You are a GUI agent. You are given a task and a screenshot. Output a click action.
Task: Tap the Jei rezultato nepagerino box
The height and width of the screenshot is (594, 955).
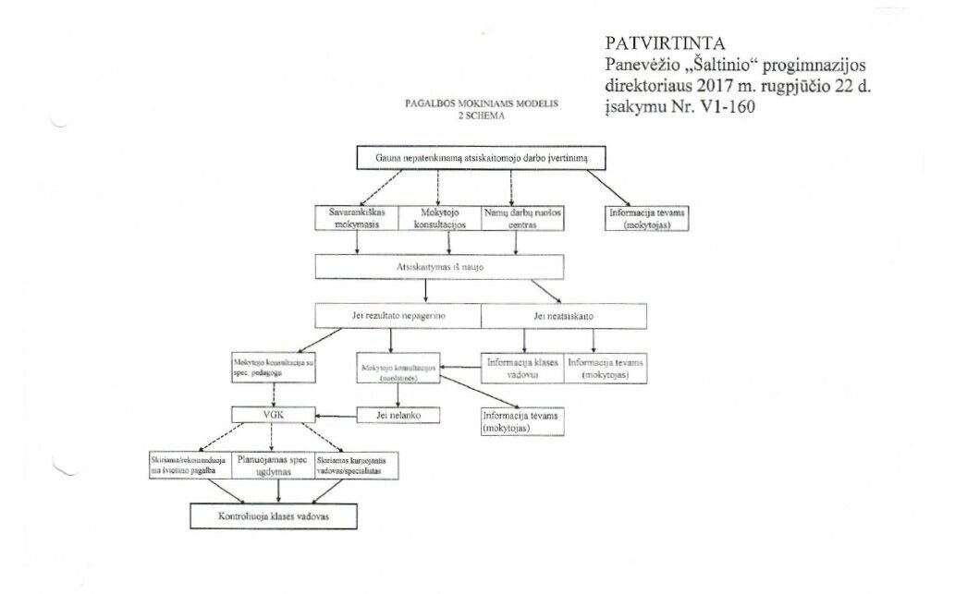click(398, 316)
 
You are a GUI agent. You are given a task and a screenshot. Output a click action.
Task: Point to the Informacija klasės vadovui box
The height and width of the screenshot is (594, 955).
click(521, 369)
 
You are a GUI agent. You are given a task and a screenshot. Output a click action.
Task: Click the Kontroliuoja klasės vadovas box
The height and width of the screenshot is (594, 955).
click(260, 515)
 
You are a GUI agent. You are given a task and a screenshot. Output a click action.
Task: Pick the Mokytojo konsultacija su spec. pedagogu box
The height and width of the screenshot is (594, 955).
click(274, 369)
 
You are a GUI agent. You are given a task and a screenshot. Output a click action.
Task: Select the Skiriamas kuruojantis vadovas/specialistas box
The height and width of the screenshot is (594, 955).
click(357, 465)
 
